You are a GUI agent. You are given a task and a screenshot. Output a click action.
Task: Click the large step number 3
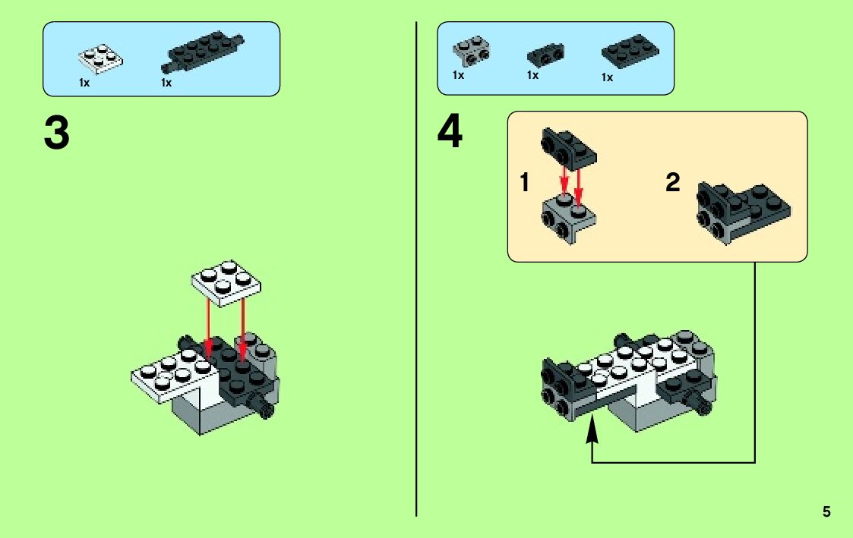(56, 133)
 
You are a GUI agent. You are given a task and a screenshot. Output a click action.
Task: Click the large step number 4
(450, 131)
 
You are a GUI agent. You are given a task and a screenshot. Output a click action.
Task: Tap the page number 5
(826, 511)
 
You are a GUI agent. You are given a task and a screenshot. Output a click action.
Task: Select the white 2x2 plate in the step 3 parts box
(100, 59)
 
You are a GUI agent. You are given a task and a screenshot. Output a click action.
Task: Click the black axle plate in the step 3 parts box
(202, 52)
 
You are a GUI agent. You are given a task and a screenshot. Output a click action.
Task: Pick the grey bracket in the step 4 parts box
(472, 52)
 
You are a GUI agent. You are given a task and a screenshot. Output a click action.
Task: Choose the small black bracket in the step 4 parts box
(545, 55)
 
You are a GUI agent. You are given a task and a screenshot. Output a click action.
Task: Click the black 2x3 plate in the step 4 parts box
(630, 52)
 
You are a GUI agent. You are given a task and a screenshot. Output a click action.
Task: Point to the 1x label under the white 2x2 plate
(84, 83)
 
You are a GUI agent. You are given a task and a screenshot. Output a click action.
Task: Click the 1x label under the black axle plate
(166, 83)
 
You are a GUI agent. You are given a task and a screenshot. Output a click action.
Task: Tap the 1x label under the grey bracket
(458, 75)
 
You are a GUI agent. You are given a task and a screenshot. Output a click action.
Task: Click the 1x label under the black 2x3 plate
(607, 77)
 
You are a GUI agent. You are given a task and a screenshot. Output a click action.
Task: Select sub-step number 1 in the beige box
(524, 182)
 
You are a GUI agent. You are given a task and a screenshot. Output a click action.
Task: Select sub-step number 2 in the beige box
(673, 182)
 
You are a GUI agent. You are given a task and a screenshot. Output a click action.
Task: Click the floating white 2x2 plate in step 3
(226, 282)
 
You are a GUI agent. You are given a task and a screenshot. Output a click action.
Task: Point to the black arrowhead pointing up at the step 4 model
(592, 433)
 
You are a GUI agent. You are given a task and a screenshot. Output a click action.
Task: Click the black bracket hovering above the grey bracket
(568, 147)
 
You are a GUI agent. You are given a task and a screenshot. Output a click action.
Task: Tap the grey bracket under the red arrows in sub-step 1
(569, 218)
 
